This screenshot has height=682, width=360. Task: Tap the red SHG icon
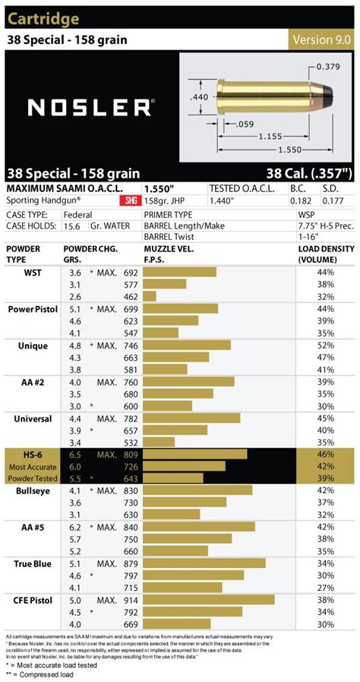tap(127, 201)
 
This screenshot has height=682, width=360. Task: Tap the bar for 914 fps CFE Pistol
tap(209, 599)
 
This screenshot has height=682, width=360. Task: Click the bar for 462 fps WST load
tap(150, 296)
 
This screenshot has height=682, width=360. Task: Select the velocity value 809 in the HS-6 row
tap(131, 454)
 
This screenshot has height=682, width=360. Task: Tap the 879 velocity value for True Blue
tap(131, 564)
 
